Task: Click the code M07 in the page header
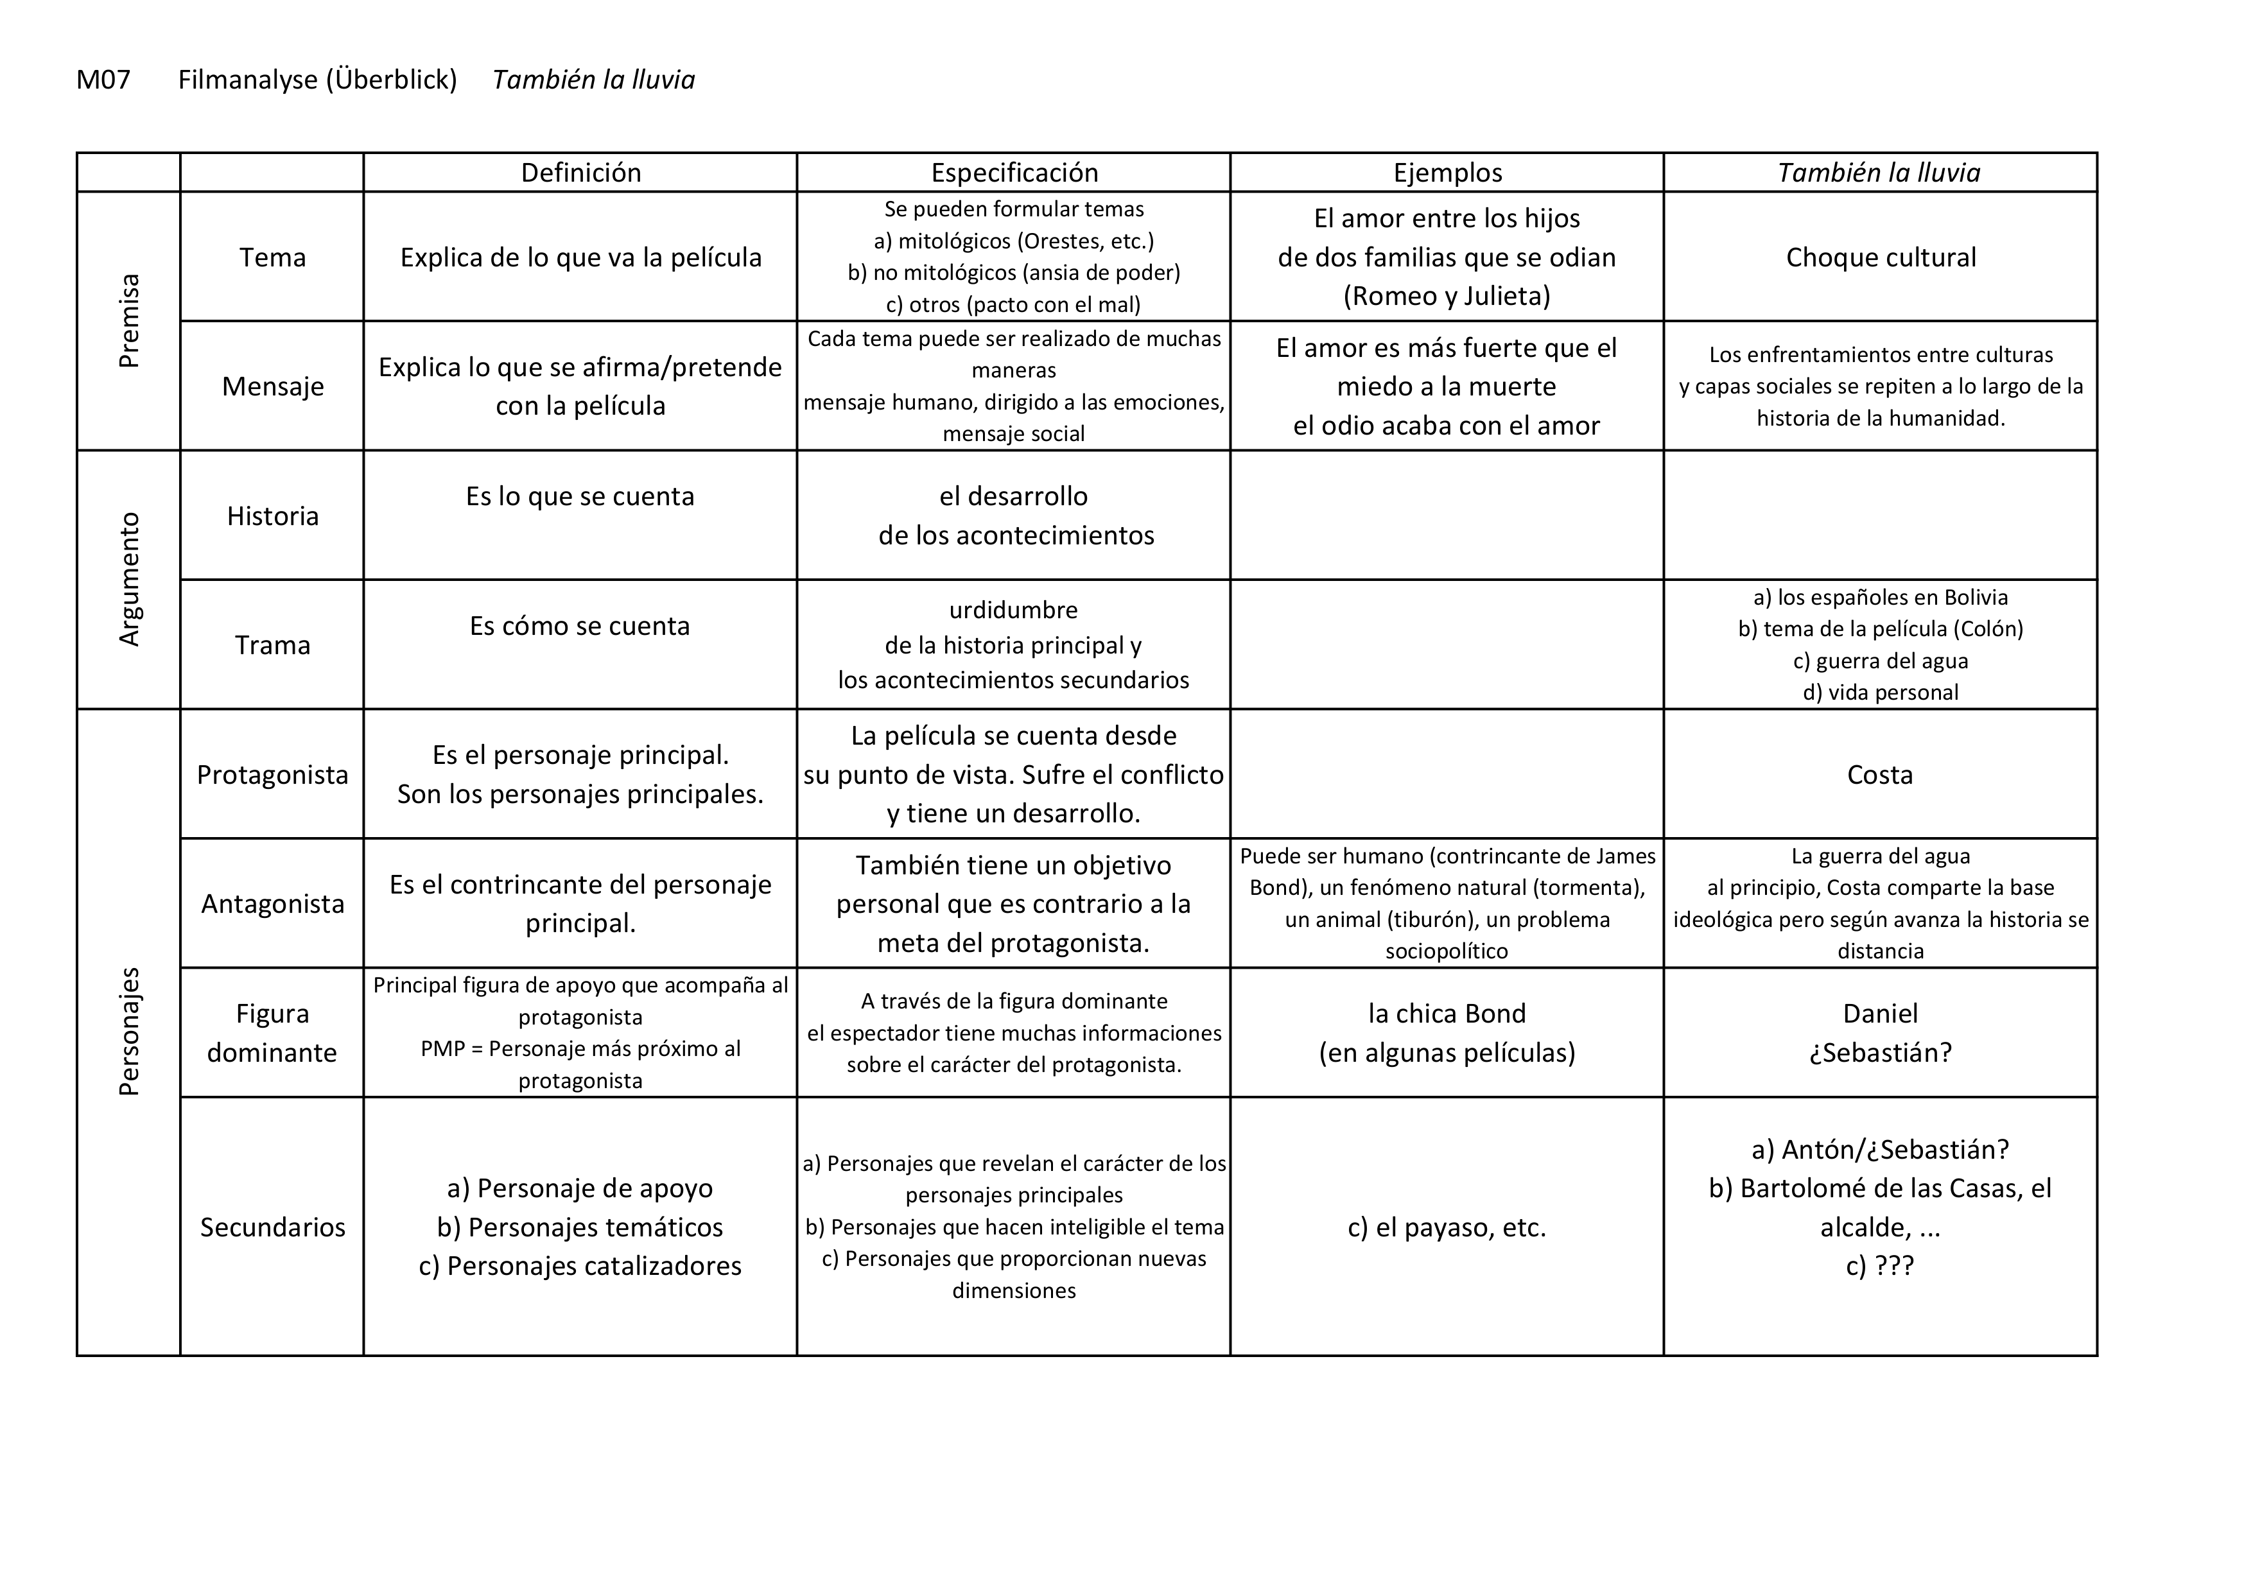(103, 80)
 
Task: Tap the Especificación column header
(1014, 173)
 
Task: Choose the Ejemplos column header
(1447, 173)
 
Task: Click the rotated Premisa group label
(128, 321)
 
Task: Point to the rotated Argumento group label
(128, 579)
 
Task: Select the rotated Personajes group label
(128, 1032)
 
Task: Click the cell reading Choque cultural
(1880, 257)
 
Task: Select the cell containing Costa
(1879, 775)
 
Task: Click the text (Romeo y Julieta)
(1447, 296)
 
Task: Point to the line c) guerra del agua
(1880, 661)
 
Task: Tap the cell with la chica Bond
(1447, 1013)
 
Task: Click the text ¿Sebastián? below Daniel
(1880, 1053)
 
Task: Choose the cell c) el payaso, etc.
(1447, 1227)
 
